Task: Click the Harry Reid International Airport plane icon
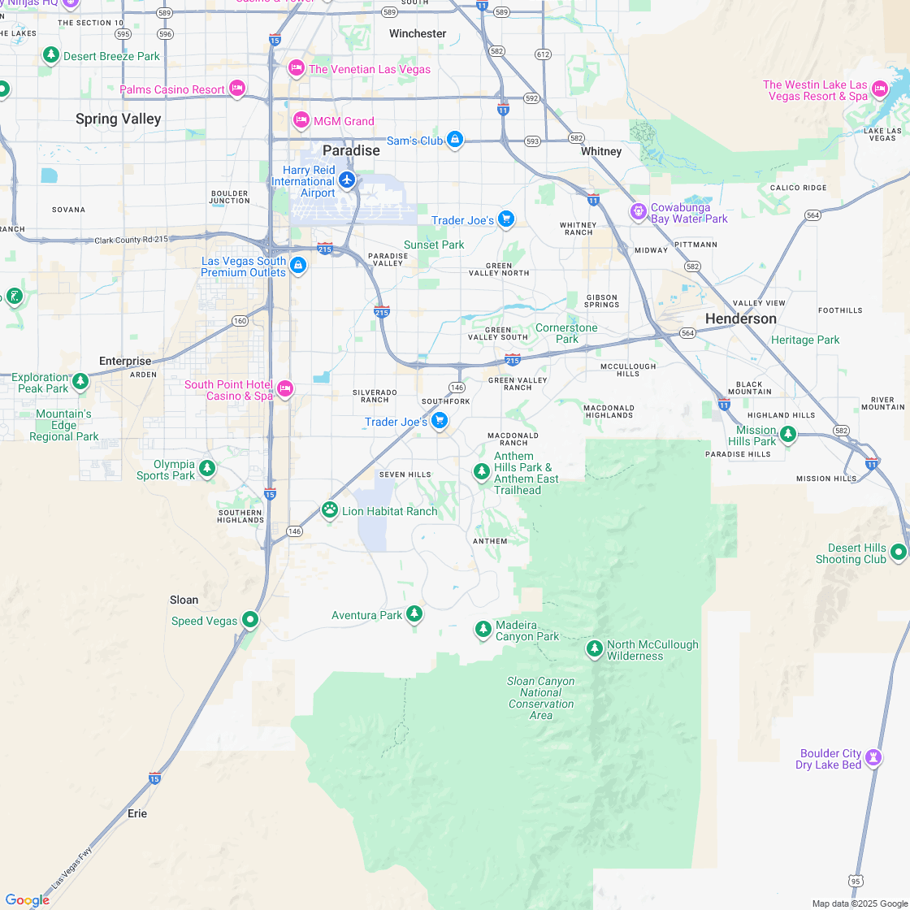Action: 348,179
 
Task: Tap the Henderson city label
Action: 740,319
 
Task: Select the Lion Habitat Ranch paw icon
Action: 329,510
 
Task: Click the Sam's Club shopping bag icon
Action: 455,141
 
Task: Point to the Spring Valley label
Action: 119,119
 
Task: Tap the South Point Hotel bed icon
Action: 284,389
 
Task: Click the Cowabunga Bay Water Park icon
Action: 639,212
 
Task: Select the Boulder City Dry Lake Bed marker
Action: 873,758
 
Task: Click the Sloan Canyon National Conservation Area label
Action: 541,698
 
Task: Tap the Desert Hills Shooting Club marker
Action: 898,552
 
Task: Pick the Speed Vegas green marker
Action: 250,621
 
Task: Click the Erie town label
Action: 137,813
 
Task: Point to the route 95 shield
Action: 854,881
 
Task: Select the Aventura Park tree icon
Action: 414,613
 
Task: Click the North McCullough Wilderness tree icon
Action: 595,649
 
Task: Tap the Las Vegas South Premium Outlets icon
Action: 298,266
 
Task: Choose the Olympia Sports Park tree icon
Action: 207,469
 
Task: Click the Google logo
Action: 27,899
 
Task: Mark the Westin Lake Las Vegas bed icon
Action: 880,89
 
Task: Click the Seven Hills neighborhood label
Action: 405,474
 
